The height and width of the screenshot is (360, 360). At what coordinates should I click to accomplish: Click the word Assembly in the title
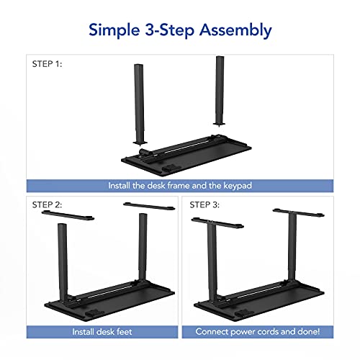coord(234,30)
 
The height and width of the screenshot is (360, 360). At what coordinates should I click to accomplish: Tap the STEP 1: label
coord(48,63)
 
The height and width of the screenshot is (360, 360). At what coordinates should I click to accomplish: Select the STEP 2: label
coord(48,204)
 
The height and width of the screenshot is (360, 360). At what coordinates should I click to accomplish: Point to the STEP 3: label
coord(204,204)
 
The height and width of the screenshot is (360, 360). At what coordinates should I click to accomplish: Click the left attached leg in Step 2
coord(61,259)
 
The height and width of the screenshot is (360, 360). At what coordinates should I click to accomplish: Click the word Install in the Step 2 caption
coord(84,332)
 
